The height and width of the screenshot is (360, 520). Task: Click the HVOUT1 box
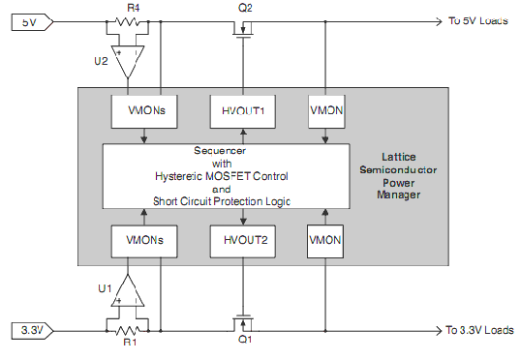pyautogui.click(x=238, y=111)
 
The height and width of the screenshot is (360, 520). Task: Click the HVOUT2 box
pyautogui.click(x=238, y=238)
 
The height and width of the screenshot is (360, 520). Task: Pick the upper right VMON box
pyautogui.click(x=324, y=111)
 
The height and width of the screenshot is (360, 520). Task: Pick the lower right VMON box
pyautogui.click(x=324, y=238)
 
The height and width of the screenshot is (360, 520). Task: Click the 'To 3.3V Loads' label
pyautogui.click(x=479, y=330)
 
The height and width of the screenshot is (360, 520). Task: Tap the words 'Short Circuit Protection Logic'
pyautogui.click(x=223, y=200)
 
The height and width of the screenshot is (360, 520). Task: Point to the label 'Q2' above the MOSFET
pyautogui.click(x=244, y=8)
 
